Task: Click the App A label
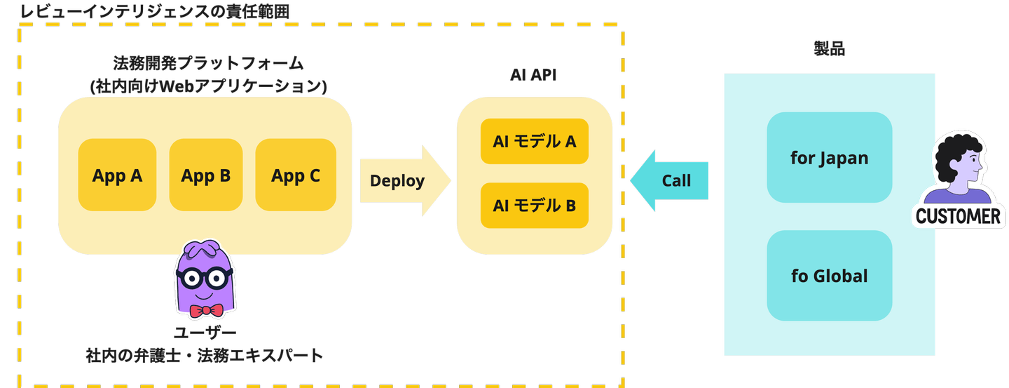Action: pyautogui.click(x=117, y=175)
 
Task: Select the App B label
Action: pyautogui.click(x=206, y=175)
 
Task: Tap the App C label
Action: pyautogui.click(x=296, y=175)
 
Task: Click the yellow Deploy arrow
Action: pyautogui.click(x=403, y=181)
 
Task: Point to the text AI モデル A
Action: pyautogui.click(x=534, y=142)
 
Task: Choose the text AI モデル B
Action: pyautogui.click(x=534, y=206)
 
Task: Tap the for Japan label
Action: pyautogui.click(x=829, y=158)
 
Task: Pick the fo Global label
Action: pyautogui.click(x=829, y=276)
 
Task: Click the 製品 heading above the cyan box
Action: pyautogui.click(x=829, y=48)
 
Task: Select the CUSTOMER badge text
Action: pyautogui.click(x=958, y=216)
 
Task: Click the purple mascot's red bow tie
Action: pyautogui.click(x=205, y=310)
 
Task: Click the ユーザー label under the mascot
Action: pyautogui.click(x=205, y=333)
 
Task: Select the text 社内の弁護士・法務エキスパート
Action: pyautogui.click(x=205, y=356)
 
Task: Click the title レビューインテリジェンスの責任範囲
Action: pyautogui.click(x=154, y=12)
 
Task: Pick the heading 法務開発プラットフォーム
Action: pyautogui.click(x=208, y=63)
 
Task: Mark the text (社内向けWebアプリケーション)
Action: pyautogui.click(x=209, y=86)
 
